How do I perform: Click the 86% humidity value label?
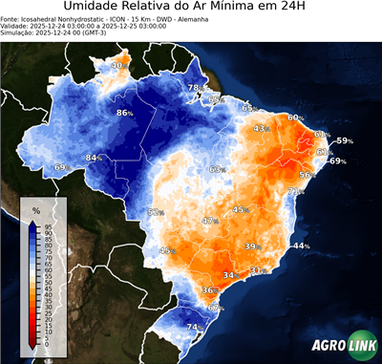124,113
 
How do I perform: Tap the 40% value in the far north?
118,66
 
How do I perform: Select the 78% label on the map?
194,88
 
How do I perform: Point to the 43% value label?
262,128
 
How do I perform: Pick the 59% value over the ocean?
344,141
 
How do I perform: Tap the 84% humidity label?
94,158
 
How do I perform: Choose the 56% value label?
307,175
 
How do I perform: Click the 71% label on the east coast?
296,192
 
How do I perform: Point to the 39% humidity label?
252,246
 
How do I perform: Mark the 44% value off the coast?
301,246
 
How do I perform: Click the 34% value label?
230,275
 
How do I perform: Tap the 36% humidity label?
209,289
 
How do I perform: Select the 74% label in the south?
193,328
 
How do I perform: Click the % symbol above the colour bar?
36,209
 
